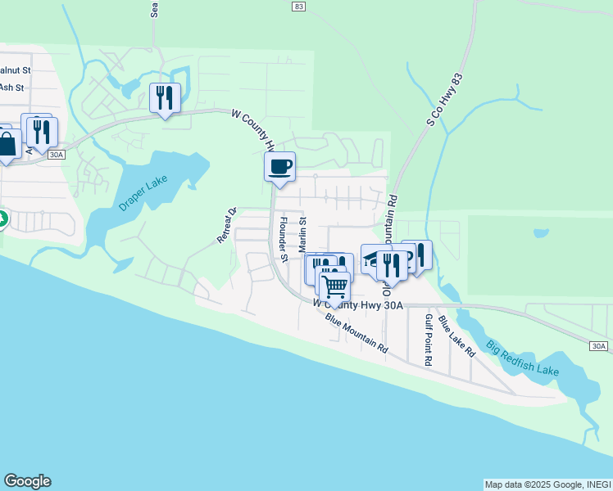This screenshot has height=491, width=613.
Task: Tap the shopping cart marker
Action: point(334,286)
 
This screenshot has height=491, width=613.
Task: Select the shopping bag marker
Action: point(7,145)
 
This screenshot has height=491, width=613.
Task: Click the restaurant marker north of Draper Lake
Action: point(165,98)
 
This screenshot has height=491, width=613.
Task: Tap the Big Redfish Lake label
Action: point(521,358)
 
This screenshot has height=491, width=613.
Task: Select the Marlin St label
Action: point(302,234)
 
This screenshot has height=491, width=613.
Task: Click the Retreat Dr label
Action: point(226,224)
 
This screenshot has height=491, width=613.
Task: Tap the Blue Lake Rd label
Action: point(456,336)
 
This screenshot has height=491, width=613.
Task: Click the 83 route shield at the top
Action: point(297,6)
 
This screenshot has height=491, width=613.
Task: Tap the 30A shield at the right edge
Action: point(599,347)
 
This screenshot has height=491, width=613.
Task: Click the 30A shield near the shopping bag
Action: point(56,154)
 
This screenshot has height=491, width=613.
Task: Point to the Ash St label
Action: point(11,87)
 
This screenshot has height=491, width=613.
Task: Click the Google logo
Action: point(27,481)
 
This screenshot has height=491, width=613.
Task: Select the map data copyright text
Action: point(547,484)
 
